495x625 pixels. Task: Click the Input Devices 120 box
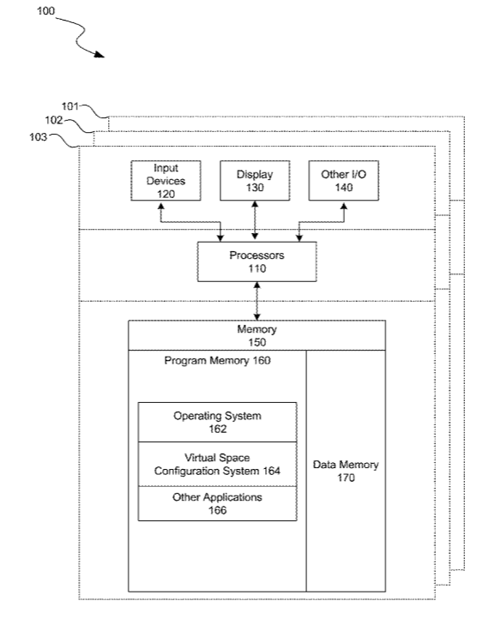[x=166, y=181]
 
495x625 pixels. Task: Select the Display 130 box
[x=255, y=181]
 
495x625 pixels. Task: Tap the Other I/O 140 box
[x=344, y=181]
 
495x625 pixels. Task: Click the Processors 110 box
[x=257, y=261]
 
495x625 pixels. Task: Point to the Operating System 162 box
[x=217, y=422]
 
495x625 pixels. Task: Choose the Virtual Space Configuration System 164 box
[x=217, y=464]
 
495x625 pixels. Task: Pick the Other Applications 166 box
[x=217, y=503]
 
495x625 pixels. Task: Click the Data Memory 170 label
[x=346, y=471]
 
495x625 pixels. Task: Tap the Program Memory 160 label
[x=217, y=361]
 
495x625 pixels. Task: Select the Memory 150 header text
[x=257, y=335]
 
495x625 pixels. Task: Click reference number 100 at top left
[x=45, y=11]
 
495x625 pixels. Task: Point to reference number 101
[x=69, y=106]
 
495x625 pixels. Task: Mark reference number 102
[x=54, y=120]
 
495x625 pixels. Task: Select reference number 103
[x=39, y=137]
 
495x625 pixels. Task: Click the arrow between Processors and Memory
[x=257, y=301]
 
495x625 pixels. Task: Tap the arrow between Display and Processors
[x=255, y=220]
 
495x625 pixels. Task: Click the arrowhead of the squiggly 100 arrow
[x=100, y=55]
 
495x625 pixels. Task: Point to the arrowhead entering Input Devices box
[x=160, y=206]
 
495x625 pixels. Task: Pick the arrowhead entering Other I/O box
[x=344, y=206]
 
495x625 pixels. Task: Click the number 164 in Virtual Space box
[x=271, y=472]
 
